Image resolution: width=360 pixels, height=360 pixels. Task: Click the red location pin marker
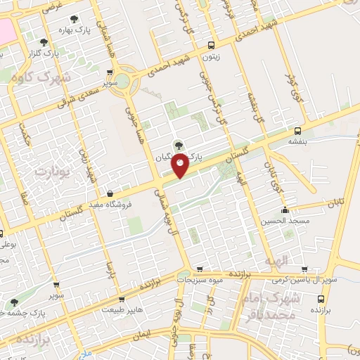[181, 165]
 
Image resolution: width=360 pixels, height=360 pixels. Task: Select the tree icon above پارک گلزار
[44, 42]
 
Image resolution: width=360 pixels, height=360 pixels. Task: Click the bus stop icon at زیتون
[208, 45]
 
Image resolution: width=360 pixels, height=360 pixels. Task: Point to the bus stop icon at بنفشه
[297, 131]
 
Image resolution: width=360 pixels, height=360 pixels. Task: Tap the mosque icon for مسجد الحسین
[285, 210]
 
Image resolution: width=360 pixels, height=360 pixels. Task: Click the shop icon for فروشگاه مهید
[109, 193]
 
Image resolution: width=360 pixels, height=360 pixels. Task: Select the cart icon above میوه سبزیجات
[199, 268]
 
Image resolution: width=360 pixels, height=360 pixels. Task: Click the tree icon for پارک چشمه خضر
[12, 301]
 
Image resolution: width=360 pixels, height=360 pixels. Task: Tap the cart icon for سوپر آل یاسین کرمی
[304, 268]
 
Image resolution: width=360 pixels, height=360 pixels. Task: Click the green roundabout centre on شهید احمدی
[123, 79]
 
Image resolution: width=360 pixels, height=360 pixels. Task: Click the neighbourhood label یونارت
[49, 171]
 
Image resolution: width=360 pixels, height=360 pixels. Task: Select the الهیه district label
[276, 261]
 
